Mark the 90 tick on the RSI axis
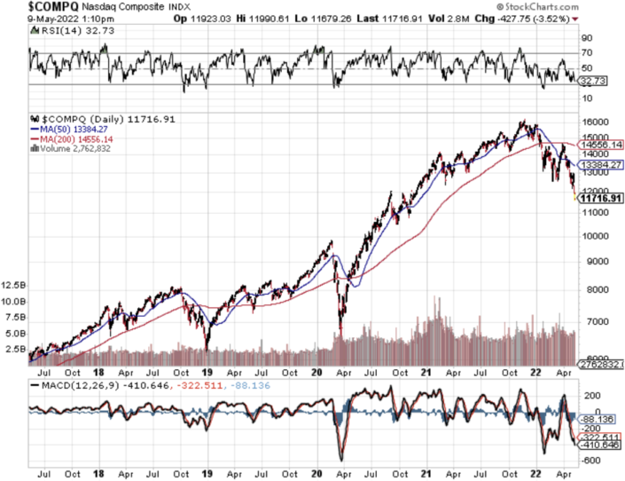click(x=586, y=39)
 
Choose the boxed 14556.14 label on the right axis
click(x=601, y=145)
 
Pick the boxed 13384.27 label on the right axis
click(x=601, y=165)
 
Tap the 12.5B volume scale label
click(x=13, y=285)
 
